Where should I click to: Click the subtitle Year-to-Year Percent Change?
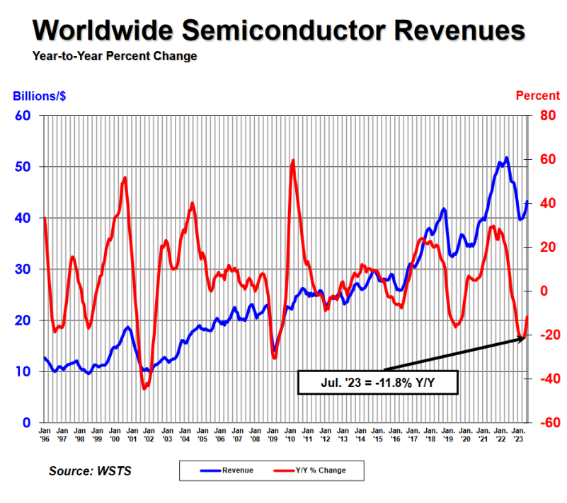[x=114, y=56]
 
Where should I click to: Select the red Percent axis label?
[x=537, y=96]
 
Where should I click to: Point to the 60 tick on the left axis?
[x=23, y=115]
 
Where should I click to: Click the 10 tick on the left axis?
[x=23, y=371]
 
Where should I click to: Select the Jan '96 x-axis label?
[x=44, y=434]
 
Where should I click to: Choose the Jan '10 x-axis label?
[x=290, y=434]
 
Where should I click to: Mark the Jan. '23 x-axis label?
[x=517, y=434]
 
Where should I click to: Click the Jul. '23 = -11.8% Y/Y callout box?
[x=378, y=382]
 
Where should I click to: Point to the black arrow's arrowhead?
[x=522, y=340]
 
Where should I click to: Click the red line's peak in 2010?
[x=293, y=161]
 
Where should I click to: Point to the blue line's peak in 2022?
[x=506, y=158]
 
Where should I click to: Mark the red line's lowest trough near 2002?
[x=144, y=388]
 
